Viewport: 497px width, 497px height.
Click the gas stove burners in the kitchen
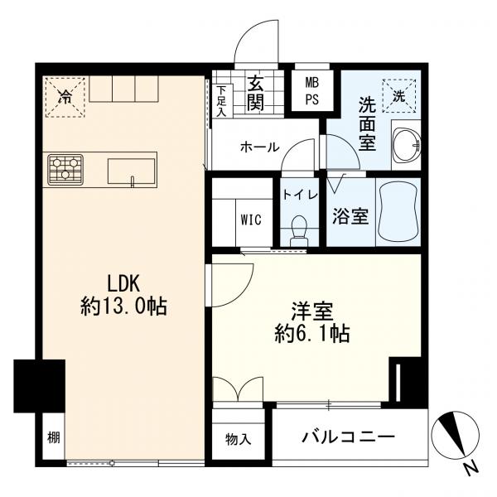pos(65,170)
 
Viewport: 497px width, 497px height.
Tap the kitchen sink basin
pos(132,171)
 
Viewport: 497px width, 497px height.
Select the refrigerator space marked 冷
pos(65,97)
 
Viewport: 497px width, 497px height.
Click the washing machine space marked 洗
pos(399,96)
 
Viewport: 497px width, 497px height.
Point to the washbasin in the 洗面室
pos(407,145)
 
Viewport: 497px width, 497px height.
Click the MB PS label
pos(312,92)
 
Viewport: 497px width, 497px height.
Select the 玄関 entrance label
pos(255,93)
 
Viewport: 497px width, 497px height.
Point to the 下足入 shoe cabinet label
pos(222,101)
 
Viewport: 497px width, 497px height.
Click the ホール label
pos(260,147)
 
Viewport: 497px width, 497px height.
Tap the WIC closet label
pos(251,220)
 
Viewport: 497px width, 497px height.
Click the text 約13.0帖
pos(123,306)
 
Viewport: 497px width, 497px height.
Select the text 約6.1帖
pos(312,334)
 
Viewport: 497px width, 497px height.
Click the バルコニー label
pos(349,437)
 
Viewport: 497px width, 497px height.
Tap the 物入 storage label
pos(239,439)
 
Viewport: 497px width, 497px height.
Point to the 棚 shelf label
pos(54,438)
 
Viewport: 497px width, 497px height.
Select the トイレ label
pos(300,195)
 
